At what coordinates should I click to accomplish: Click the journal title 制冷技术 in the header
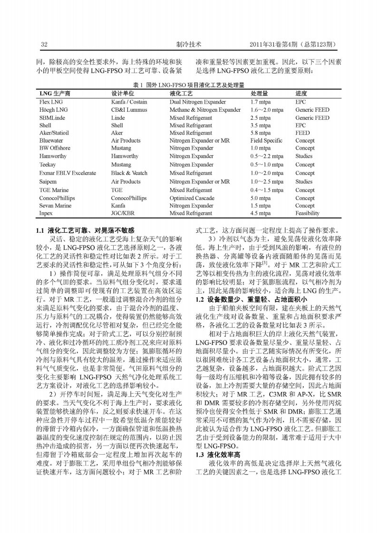[189, 44]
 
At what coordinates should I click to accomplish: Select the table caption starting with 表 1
[188, 85]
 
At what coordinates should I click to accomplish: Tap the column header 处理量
[260, 93]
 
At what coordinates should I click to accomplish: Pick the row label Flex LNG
[51, 102]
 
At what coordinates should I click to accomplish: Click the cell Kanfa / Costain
[129, 102]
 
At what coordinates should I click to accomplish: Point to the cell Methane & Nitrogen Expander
[205, 110]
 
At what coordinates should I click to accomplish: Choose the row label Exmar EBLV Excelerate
[68, 173]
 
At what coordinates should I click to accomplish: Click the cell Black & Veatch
[129, 173]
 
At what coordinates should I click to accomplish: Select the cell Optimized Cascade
[192, 198]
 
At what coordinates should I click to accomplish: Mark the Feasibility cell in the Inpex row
[307, 213]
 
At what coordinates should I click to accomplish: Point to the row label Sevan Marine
[55, 206]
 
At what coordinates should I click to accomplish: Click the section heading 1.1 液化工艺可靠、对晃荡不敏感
[85, 229]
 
